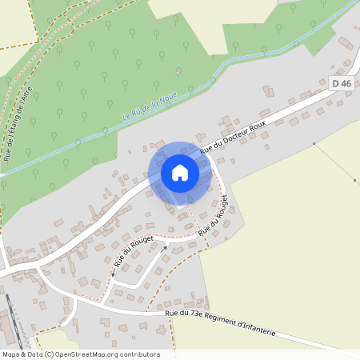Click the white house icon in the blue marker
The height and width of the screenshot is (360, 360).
click(180, 172)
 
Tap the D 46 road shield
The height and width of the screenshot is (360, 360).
click(341, 83)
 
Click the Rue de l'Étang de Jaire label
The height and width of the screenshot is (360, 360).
click(21, 125)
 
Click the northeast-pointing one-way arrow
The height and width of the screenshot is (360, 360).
click(164, 249)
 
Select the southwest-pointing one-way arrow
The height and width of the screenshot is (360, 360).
click(114, 271)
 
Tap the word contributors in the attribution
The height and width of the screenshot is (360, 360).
click(138, 354)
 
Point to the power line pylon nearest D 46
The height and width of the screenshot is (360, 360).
click(314, 144)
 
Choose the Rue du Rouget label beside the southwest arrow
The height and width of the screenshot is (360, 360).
click(134, 251)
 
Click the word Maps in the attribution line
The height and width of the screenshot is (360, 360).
click(11, 354)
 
